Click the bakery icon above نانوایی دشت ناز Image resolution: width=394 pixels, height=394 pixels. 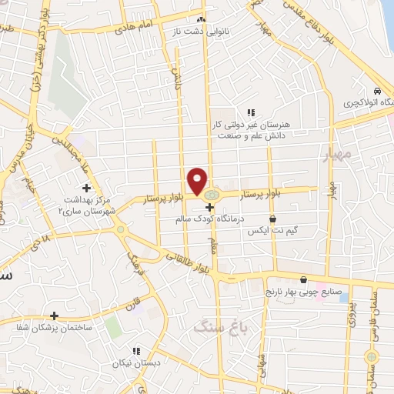click(201, 18)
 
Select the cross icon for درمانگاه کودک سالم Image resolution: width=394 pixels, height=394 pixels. click(209, 207)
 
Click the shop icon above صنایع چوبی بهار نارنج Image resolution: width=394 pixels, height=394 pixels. click(306, 279)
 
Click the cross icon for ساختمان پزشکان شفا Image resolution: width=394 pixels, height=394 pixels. click(54, 316)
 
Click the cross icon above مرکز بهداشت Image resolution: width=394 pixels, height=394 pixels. click(86, 187)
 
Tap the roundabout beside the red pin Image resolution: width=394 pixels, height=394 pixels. click(210, 194)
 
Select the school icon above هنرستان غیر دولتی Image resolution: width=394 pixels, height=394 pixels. click(250, 112)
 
